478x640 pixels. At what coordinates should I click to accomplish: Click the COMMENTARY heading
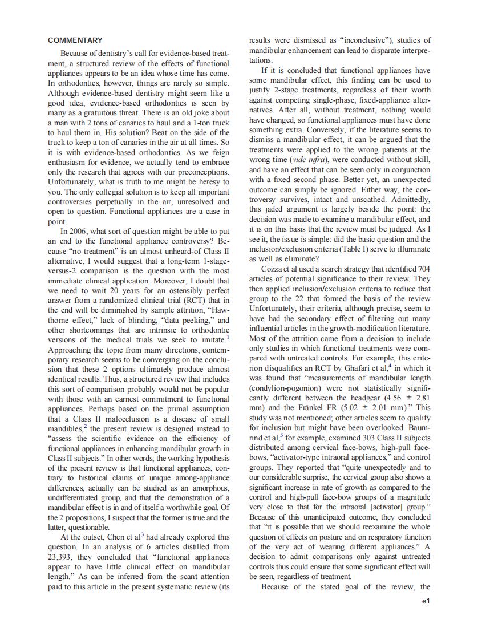tap(75, 40)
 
